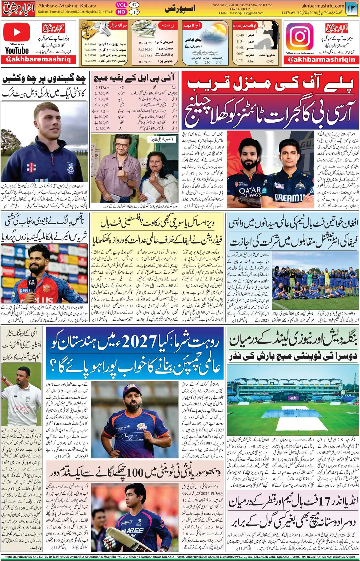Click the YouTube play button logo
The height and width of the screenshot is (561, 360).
click(x=17, y=32)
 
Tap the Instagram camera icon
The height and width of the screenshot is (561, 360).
click(x=299, y=36)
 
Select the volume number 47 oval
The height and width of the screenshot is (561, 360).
click(x=134, y=5)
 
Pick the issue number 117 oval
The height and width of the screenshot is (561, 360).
click(x=134, y=12)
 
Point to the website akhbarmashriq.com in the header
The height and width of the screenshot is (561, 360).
click(x=322, y=6)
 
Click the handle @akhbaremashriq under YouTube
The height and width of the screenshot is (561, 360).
click(x=38, y=59)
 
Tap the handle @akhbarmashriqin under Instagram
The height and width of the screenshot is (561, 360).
click(x=321, y=59)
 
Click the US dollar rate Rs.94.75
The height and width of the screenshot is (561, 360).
click(x=145, y=43)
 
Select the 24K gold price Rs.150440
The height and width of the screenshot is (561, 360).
click(x=90, y=44)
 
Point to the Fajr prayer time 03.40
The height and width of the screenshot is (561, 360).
click(x=240, y=35)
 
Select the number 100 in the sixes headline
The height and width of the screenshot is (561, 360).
click(x=135, y=473)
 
